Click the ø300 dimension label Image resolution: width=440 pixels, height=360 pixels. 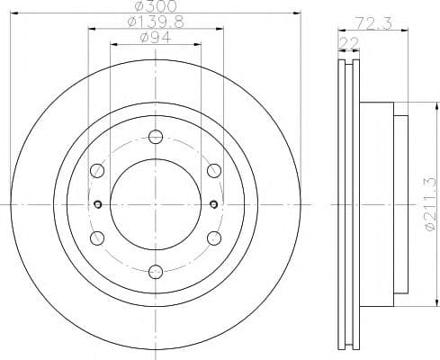pyautogui.click(x=155, y=6)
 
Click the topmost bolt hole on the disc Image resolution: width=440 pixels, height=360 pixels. pyautogui.click(x=155, y=136)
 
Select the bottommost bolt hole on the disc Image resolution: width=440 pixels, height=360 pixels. pyautogui.click(x=155, y=269)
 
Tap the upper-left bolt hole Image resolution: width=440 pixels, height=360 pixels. pyautogui.click(x=97, y=169)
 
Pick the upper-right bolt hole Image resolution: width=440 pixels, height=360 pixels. pyautogui.click(x=213, y=169)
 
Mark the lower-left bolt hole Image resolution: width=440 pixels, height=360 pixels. pyautogui.click(x=97, y=237)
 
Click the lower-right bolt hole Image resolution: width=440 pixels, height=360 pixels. pyautogui.click(x=213, y=237)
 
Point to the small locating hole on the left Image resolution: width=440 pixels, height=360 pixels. pyautogui.click(x=97, y=202)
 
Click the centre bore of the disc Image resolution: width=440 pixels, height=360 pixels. pyautogui.click(x=155, y=202)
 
